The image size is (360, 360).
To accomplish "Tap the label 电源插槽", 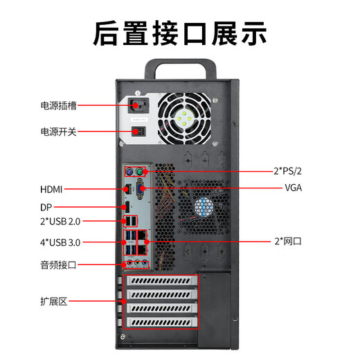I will point(58,106).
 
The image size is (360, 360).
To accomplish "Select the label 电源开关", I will point(58,132).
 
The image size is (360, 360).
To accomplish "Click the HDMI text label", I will point(53,188).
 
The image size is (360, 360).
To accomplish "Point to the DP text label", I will point(46,206).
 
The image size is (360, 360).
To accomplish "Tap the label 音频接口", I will point(58,264).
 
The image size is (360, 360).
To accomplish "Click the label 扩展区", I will point(53,301).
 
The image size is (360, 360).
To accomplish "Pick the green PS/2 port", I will point(140,171).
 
